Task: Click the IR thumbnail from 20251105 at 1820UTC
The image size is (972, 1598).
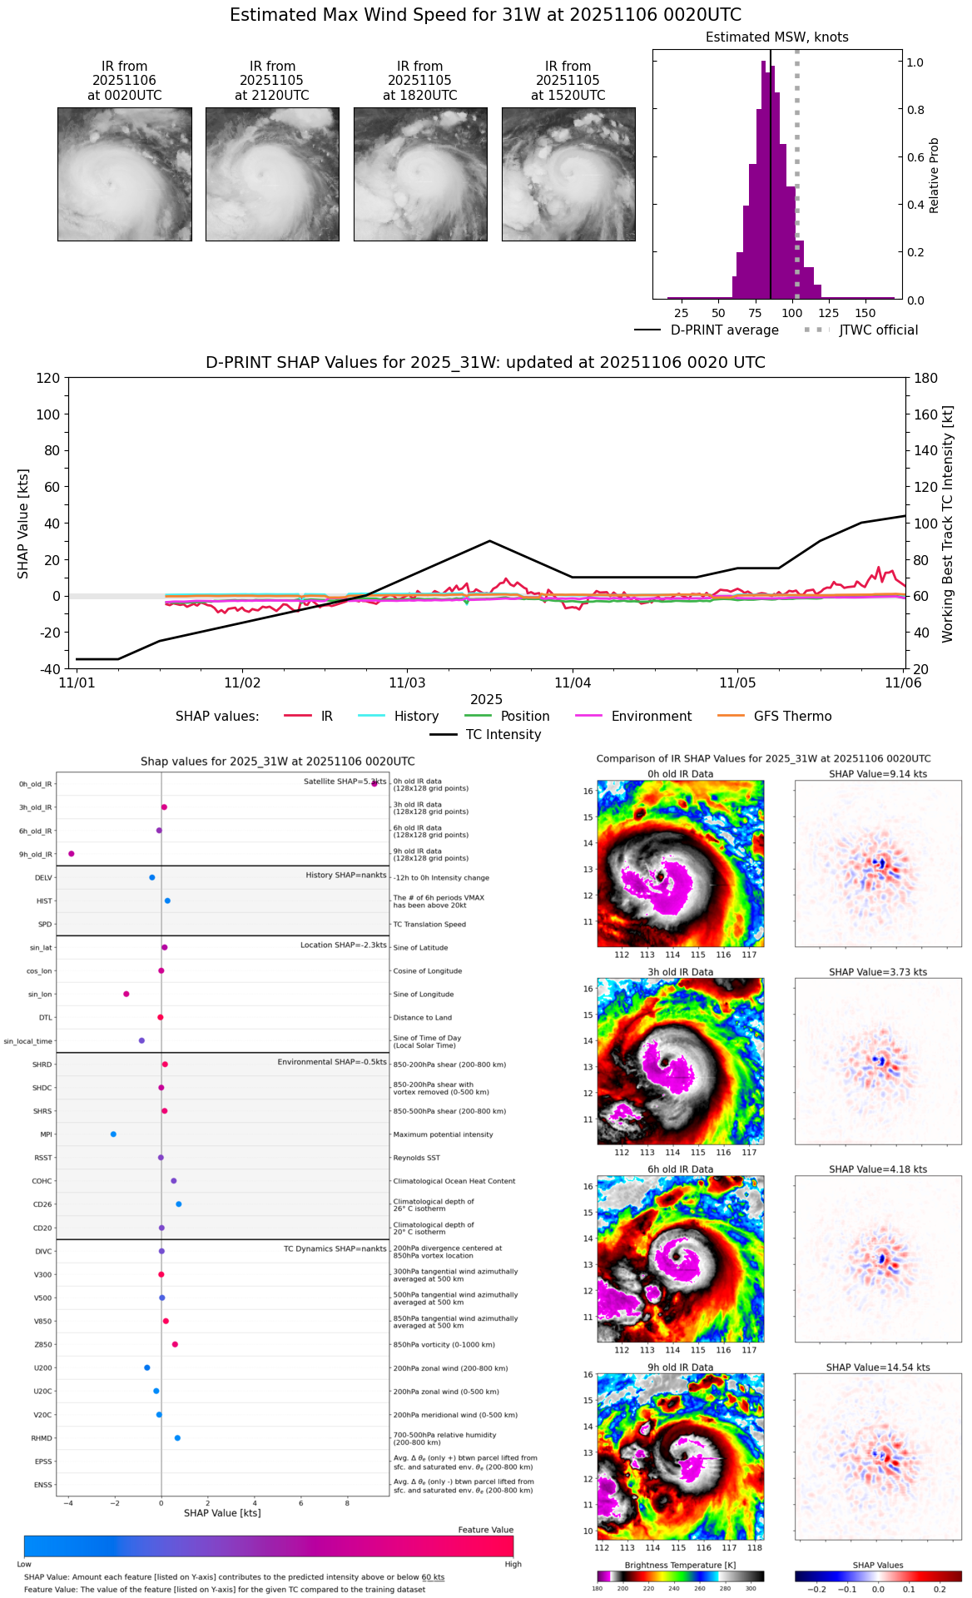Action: (420, 174)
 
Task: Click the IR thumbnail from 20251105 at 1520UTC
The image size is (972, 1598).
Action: (568, 174)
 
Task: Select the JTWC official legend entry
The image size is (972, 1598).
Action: (878, 330)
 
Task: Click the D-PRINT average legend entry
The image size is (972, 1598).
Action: (724, 330)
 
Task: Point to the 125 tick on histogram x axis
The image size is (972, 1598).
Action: (829, 313)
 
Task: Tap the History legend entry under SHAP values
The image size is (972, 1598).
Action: (416, 717)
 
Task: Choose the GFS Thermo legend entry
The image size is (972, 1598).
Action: (792, 717)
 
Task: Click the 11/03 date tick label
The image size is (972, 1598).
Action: (407, 683)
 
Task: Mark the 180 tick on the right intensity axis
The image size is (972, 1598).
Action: (926, 378)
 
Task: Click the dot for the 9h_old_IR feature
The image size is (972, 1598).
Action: (72, 853)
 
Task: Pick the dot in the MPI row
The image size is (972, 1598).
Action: (113, 1134)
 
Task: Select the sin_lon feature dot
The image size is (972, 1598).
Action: (126, 994)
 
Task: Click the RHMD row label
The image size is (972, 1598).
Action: (42, 1438)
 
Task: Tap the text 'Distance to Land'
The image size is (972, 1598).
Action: (424, 1018)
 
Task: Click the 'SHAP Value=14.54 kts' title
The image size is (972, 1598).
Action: (878, 1367)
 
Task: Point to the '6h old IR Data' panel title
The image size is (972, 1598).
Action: (680, 1169)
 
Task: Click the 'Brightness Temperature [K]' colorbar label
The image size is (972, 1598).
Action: (680, 1566)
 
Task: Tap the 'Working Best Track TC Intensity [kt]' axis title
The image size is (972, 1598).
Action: (948, 524)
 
